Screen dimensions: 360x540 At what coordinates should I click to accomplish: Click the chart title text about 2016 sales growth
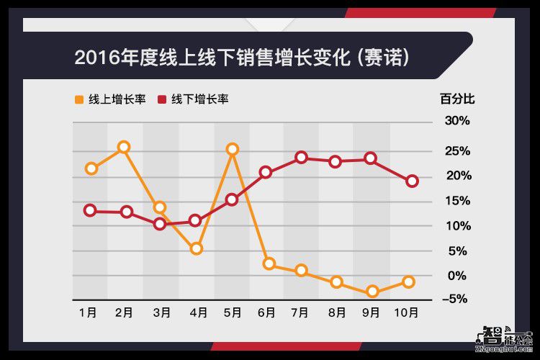[x=242, y=57]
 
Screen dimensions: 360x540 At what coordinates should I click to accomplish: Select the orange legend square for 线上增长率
[x=78, y=99]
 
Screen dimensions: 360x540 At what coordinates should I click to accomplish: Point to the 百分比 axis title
[x=457, y=99]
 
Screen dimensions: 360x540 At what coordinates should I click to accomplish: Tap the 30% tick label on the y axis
[x=456, y=120]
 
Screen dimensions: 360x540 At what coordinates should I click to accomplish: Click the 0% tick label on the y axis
[x=459, y=276]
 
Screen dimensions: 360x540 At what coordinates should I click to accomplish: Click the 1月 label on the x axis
[x=88, y=312]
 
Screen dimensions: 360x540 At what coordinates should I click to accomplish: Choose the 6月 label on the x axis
[x=266, y=312]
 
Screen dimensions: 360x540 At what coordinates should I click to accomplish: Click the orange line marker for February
[x=124, y=147]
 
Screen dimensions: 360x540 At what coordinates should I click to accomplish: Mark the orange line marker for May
[x=232, y=149]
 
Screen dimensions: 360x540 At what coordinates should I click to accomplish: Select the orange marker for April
[x=196, y=248]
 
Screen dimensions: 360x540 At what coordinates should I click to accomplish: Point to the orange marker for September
[x=372, y=292]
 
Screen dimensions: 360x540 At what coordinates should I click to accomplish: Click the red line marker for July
[x=302, y=157]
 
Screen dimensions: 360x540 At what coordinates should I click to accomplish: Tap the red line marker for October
[x=412, y=181]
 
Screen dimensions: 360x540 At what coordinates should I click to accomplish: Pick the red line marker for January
[x=90, y=210]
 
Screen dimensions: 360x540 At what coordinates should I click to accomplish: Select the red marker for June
[x=266, y=172]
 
